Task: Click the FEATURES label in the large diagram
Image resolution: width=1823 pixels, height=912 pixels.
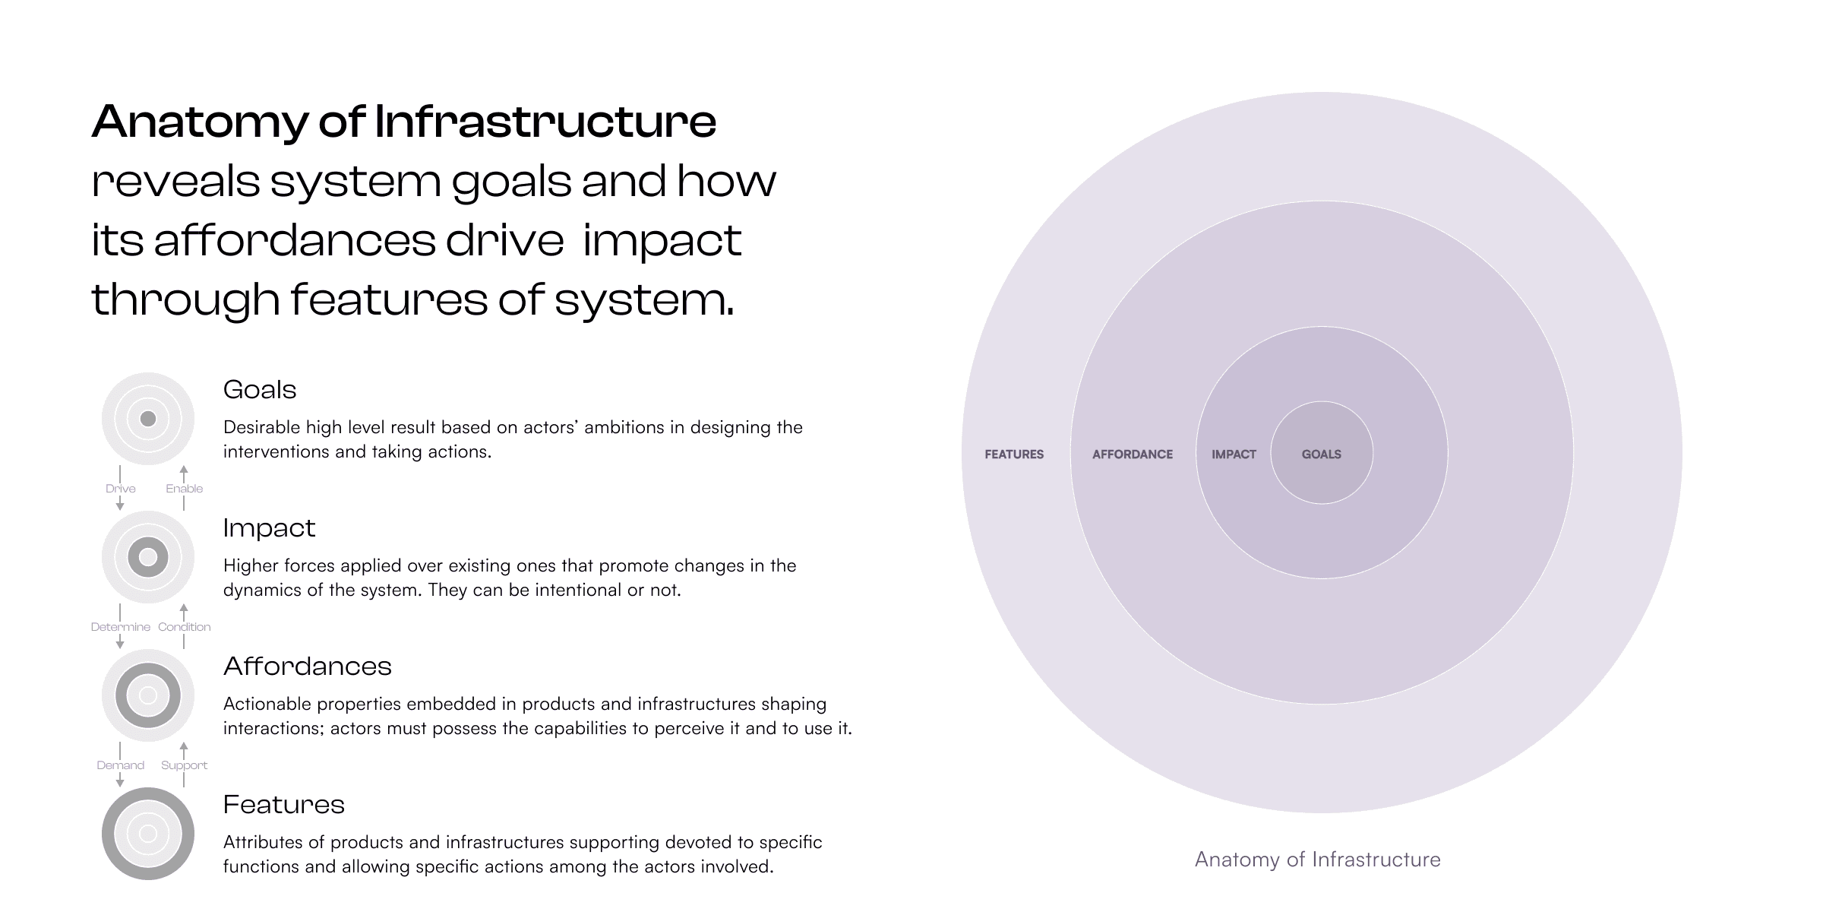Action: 1014,454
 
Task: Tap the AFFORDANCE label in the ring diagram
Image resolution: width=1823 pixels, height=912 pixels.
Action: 1133,454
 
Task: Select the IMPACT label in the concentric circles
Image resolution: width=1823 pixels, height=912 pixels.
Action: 1234,454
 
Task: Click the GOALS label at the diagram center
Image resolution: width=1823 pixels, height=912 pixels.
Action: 1322,454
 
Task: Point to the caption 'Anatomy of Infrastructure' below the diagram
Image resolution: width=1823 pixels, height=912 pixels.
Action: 1317,860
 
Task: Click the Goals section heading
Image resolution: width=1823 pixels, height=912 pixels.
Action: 260,390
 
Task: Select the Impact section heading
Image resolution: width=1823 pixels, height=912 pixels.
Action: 269,528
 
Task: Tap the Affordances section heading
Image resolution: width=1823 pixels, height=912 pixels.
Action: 308,667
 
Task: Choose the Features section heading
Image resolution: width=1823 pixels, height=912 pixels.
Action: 284,805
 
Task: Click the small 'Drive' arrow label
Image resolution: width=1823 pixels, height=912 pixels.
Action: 121,489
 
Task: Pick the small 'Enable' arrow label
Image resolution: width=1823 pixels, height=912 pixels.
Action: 185,489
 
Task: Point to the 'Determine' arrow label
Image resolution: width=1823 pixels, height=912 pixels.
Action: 121,627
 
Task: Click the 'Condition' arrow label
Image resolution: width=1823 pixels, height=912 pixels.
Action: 185,627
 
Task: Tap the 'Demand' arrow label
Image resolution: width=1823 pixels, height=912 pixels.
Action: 121,765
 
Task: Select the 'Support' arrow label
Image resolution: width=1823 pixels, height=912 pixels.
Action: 185,765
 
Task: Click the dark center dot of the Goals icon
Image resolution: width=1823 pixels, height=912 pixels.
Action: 148,419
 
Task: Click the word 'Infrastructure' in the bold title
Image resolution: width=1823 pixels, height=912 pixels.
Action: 545,122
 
